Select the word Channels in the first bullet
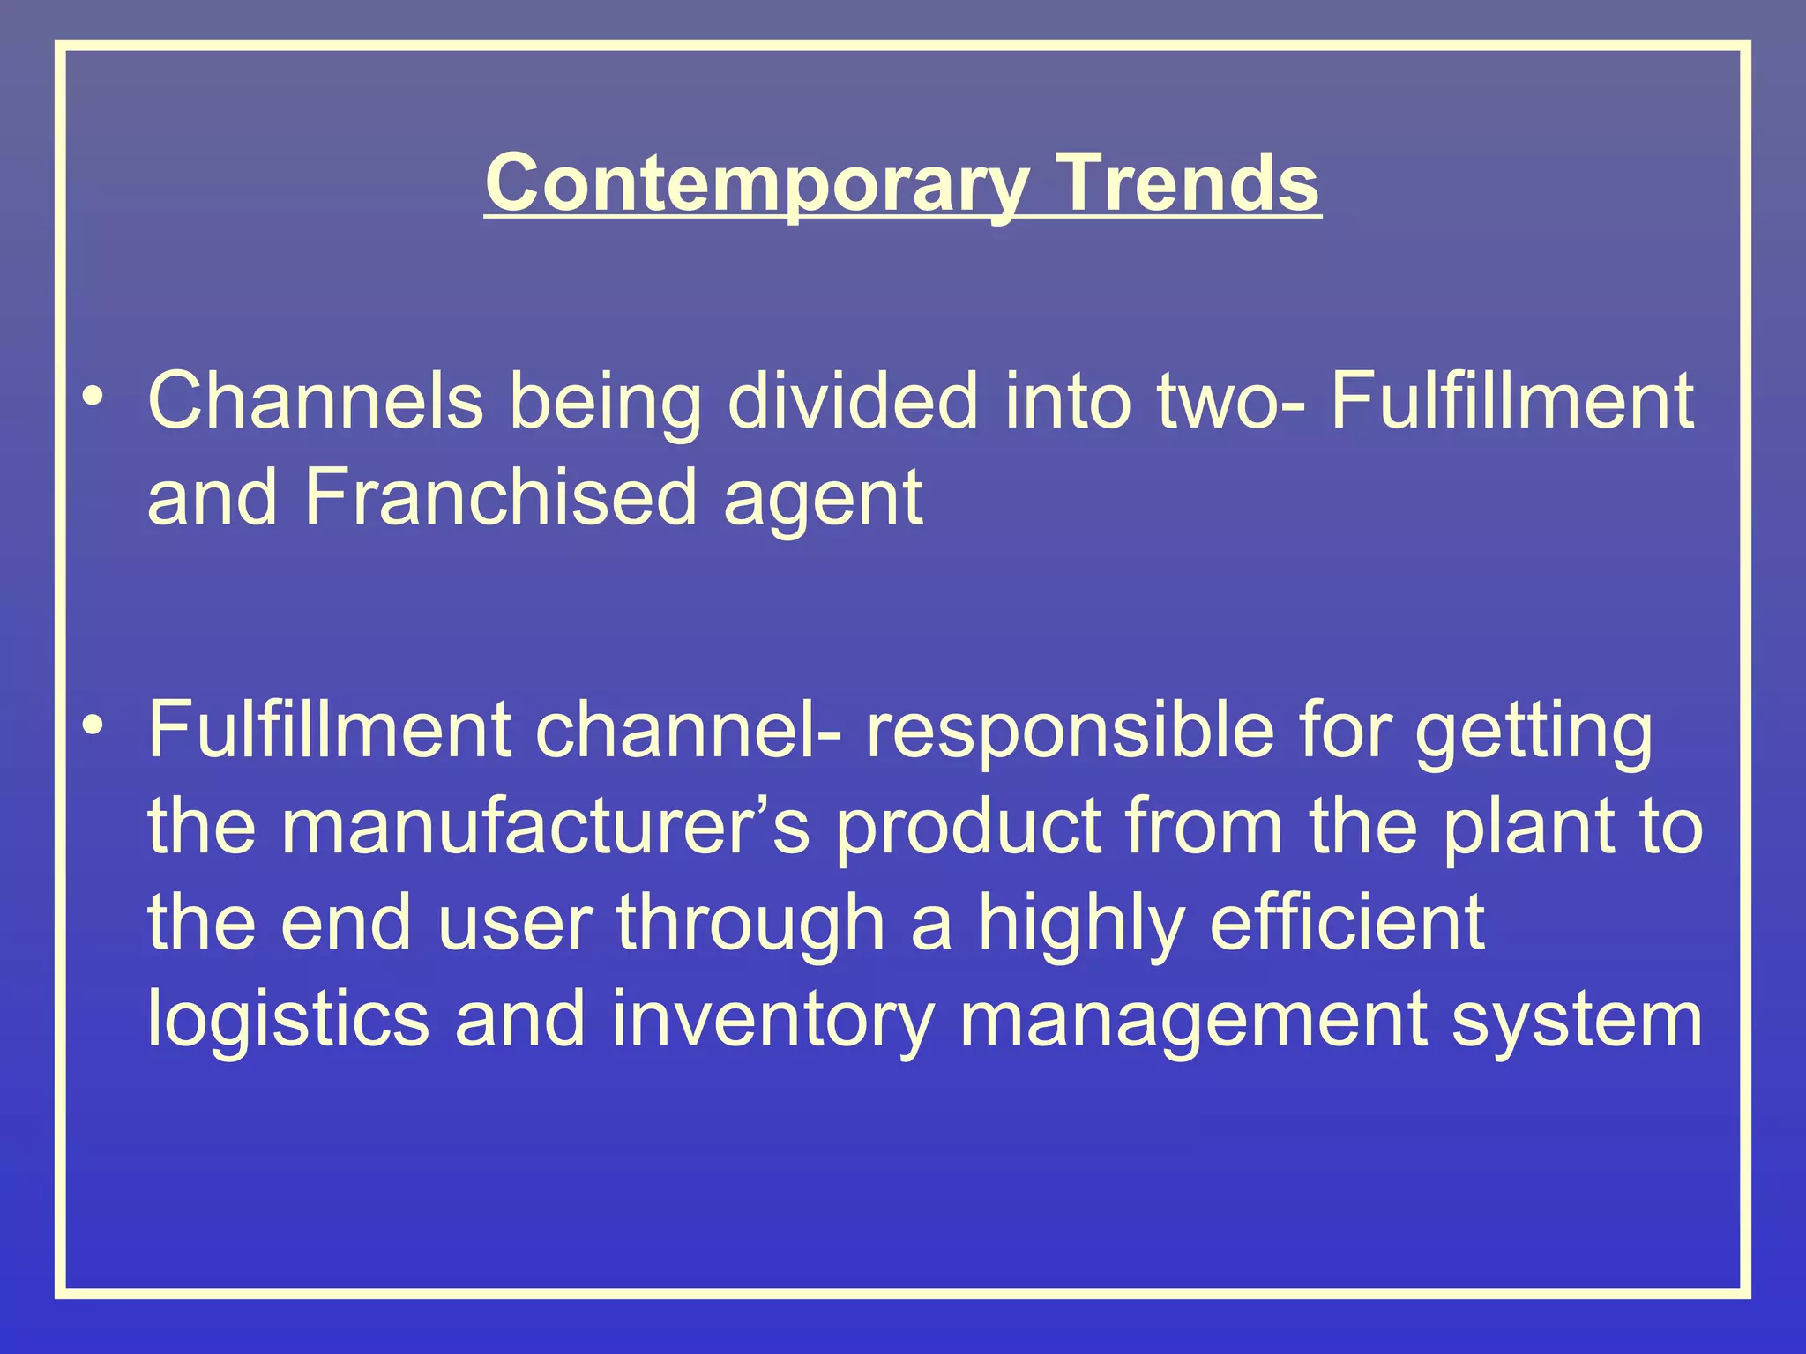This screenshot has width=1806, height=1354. click(316, 401)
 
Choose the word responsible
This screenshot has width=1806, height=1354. click(1070, 731)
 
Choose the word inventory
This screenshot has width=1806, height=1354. click(772, 1020)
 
